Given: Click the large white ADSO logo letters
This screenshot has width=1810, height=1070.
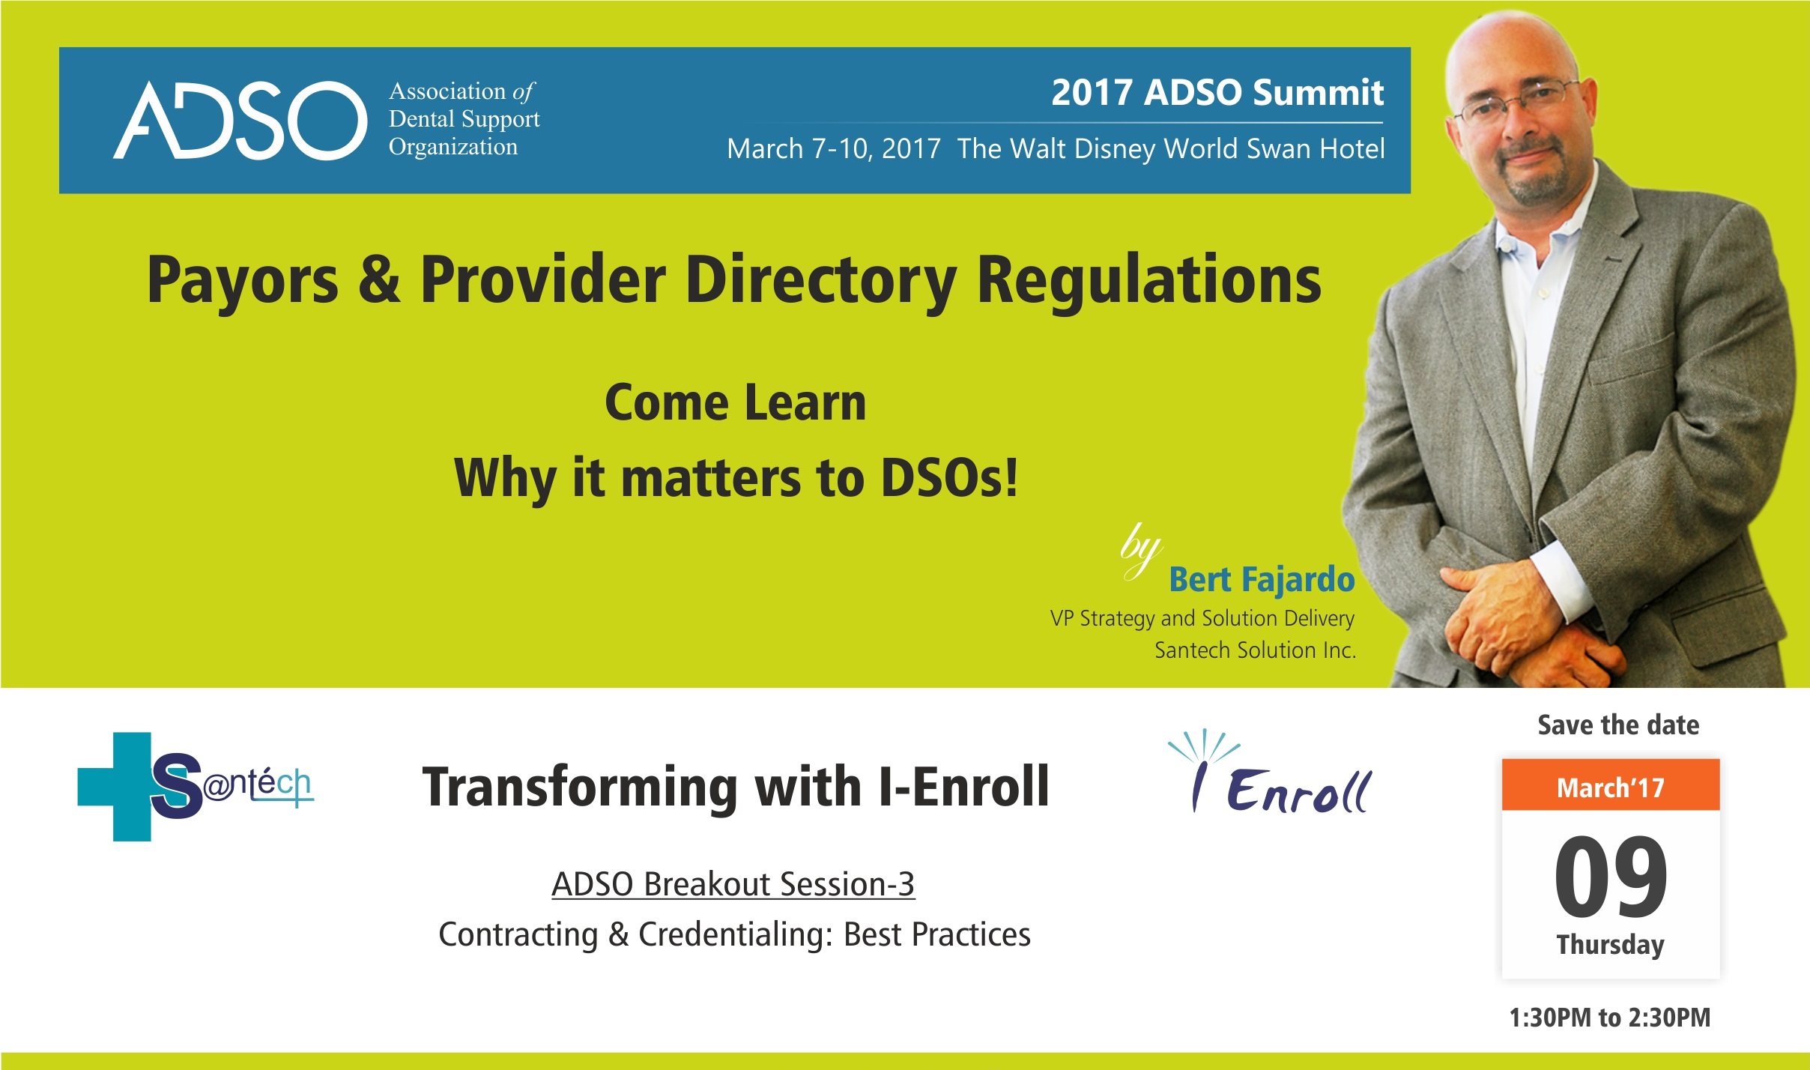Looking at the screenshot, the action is (240, 120).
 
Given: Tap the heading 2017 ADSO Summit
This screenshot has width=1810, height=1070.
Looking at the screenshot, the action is (1217, 93).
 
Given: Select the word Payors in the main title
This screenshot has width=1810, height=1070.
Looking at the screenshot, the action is (243, 281).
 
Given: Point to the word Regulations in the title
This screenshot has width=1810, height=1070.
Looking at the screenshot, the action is (1149, 281).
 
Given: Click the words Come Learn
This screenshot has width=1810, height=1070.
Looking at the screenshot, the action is (736, 402).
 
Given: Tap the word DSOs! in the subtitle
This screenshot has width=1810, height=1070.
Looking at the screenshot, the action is (948, 477).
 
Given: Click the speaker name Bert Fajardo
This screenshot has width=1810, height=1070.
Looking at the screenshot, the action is (1262, 579).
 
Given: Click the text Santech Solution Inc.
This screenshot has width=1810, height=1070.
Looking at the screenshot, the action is (1256, 650).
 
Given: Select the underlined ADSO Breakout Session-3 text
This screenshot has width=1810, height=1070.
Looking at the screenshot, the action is (733, 884).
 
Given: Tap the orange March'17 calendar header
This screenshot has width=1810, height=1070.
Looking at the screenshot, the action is (1611, 785).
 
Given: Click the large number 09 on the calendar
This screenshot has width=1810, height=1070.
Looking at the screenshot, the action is (1611, 876).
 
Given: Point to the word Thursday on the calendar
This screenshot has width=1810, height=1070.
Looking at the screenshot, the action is (1611, 945).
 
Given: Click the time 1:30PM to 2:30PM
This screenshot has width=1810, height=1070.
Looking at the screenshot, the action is (1610, 1018).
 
